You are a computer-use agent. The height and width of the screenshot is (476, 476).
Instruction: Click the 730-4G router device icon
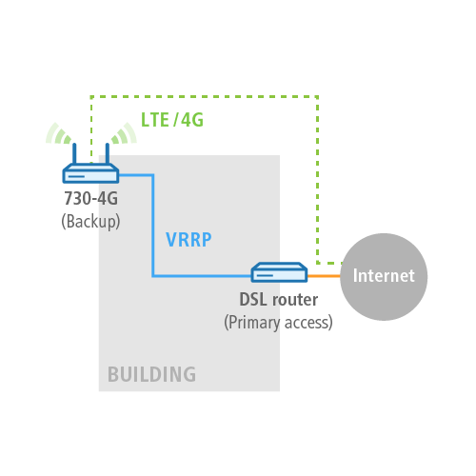tap(90, 173)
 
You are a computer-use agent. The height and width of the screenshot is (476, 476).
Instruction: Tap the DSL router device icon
tap(279, 272)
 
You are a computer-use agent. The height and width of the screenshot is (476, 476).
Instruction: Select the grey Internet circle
tap(384, 277)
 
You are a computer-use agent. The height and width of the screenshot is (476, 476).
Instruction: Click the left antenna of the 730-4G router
tap(74, 153)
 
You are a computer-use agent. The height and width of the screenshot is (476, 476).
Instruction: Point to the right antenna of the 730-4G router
tap(108, 153)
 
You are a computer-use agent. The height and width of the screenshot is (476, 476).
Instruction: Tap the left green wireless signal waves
tap(59, 134)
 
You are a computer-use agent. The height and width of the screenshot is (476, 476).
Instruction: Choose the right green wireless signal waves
tap(124, 134)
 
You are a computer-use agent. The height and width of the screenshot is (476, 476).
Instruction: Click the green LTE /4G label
tap(172, 120)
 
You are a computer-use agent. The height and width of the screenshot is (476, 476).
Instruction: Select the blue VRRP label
tap(188, 240)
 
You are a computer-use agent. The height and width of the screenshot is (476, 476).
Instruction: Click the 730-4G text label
tap(91, 198)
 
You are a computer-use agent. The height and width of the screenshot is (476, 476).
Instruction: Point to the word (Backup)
tap(90, 221)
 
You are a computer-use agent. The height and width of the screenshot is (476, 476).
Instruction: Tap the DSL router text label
tap(279, 300)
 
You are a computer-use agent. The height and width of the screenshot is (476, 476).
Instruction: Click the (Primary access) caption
tap(278, 323)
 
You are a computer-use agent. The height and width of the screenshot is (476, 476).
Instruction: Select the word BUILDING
tap(151, 374)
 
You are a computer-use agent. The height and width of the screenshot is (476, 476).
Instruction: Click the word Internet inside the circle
tap(384, 275)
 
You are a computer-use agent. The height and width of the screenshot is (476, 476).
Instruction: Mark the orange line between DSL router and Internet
tap(324, 276)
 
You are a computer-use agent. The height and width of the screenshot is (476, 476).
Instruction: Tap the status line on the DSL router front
tap(265, 275)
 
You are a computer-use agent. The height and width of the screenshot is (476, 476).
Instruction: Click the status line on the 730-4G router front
tap(76, 176)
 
